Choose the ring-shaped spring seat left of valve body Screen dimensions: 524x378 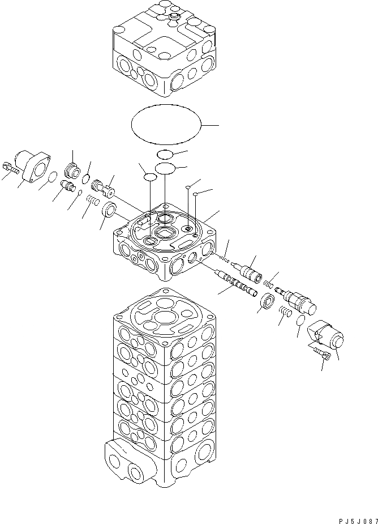(x=109, y=209)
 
